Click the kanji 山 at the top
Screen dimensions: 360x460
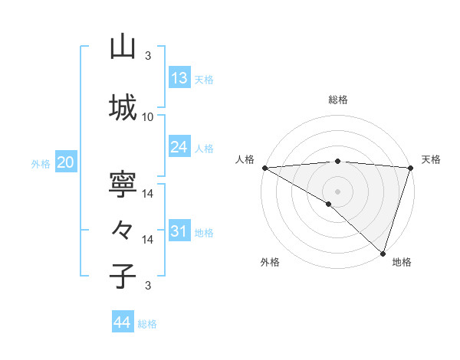[123, 47]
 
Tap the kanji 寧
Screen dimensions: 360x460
[123, 186]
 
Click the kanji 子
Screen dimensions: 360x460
[123, 275]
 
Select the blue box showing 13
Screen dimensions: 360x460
[179, 78]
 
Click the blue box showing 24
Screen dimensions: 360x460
[179, 147]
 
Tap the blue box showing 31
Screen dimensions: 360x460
[179, 231]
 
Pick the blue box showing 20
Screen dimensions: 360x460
[65, 162]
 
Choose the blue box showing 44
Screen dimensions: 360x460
[123, 322]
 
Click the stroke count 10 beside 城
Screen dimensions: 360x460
[147, 116]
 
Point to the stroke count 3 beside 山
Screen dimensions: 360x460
[148, 56]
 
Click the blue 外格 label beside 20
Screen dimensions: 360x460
[41, 163]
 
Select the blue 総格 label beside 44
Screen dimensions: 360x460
[147, 324]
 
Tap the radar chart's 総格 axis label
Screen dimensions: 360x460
[337, 100]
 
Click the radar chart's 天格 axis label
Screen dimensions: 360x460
[431, 159]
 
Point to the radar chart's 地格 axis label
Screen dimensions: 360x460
[402, 262]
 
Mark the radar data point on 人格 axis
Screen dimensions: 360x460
[264, 168]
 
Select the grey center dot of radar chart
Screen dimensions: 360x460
[337, 191]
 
